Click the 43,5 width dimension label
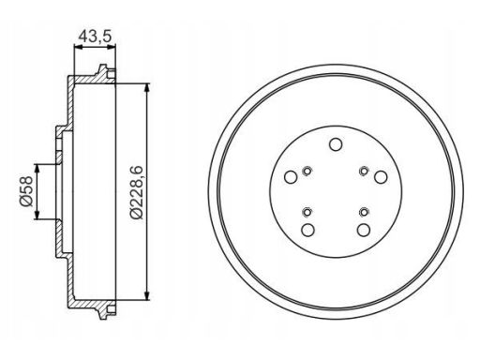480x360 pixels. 95,37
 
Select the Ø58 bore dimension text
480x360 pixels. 26,191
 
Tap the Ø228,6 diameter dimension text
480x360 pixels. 136,192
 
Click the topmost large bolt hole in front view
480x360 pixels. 336,144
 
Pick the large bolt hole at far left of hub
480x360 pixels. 291,177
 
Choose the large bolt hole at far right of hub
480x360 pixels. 381,177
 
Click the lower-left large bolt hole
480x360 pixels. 307,231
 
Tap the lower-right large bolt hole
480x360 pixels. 364,231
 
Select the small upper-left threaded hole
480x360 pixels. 307,171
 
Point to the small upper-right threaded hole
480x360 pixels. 364,171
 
